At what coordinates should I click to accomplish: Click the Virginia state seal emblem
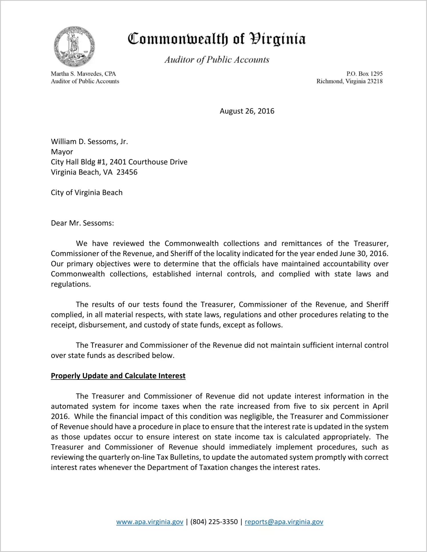pos(74,47)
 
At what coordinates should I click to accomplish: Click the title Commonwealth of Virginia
pos(216,39)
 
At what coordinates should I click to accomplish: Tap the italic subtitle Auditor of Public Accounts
pos(217,59)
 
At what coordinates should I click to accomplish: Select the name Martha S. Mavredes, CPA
pos(83,74)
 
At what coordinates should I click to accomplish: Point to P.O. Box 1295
pos(364,74)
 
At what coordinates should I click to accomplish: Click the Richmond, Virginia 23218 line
pos(349,81)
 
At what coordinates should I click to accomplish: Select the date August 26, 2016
pos(247,111)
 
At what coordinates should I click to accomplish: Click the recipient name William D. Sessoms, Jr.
pos(89,142)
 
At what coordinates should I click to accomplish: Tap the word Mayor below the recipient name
pos(62,152)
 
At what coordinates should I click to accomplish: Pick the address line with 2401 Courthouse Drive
pos(119,162)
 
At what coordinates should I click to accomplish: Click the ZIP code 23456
pos(127,172)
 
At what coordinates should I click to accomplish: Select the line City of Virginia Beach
pos(87,192)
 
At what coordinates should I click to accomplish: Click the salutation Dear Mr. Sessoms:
pos(82,223)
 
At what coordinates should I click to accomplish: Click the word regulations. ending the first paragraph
pos(71,284)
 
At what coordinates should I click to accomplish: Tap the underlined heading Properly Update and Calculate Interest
pos(118,376)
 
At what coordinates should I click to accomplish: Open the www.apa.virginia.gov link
pos(149,522)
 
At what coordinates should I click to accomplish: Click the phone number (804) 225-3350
pos(214,522)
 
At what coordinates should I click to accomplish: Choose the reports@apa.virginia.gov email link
pos(284,522)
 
